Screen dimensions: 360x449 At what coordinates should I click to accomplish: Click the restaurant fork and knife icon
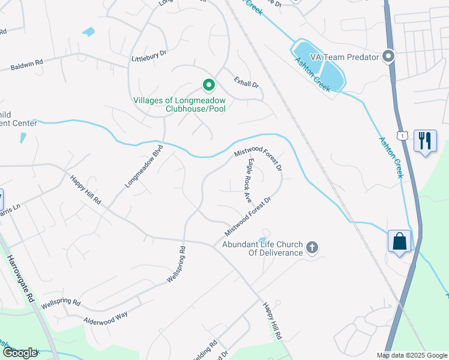(425, 141)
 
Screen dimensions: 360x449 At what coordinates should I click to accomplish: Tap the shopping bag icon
(400, 241)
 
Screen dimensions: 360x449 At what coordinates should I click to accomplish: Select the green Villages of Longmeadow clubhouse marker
(208, 86)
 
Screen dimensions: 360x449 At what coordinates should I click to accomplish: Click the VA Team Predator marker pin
(388, 57)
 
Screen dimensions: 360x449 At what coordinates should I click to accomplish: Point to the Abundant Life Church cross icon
(312, 247)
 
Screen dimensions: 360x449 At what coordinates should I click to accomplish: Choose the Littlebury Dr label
(148, 57)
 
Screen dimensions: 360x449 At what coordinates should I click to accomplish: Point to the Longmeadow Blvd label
(144, 167)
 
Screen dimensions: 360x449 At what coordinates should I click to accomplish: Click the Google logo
(20, 353)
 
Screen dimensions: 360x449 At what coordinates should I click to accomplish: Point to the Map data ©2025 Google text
(411, 355)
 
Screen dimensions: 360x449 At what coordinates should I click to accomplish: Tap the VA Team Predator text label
(344, 57)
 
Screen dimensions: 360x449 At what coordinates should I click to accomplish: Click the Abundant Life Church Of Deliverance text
(262, 248)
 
